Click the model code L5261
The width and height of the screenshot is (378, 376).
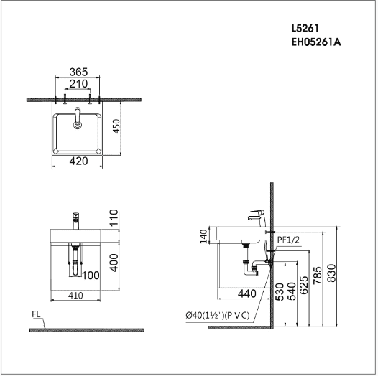pyautogui.click(x=305, y=29)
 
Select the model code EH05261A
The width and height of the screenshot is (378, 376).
pyautogui.click(x=316, y=42)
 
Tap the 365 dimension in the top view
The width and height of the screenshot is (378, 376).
pyautogui.click(x=78, y=72)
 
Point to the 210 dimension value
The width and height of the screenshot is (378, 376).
pyautogui.click(x=78, y=84)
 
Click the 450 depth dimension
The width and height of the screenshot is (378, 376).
pyautogui.click(x=116, y=126)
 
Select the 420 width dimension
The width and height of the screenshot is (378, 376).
pyautogui.click(x=78, y=161)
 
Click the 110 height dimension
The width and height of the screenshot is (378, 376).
pyautogui.click(x=114, y=217)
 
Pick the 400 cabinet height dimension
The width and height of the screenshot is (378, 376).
pyautogui.click(x=114, y=263)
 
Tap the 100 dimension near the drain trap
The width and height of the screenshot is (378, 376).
pyautogui.click(x=91, y=276)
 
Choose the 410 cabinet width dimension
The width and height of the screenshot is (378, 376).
pyautogui.click(x=75, y=296)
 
